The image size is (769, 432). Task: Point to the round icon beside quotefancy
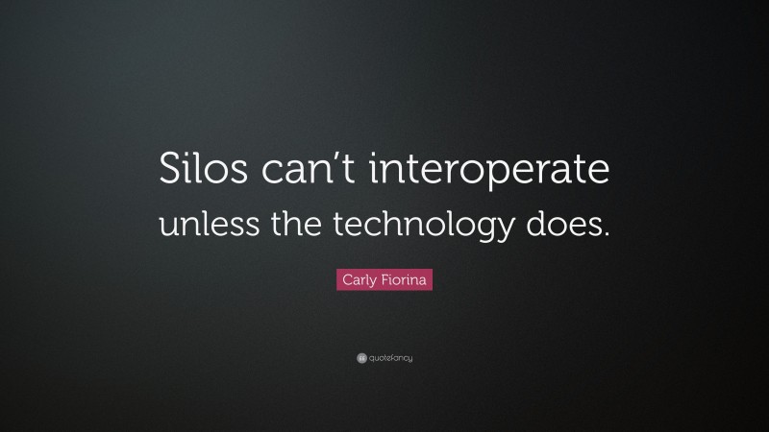click(x=361, y=358)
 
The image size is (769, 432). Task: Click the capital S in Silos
click(x=168, y=174)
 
